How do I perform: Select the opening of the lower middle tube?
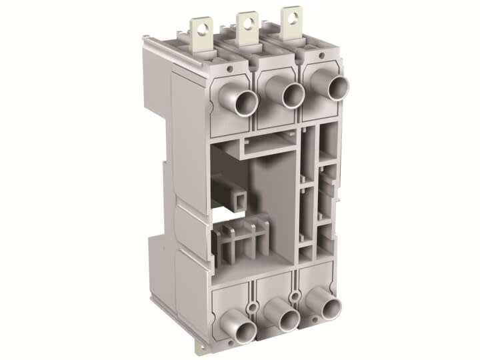pos(288,321)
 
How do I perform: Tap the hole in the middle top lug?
pos(247,23)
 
